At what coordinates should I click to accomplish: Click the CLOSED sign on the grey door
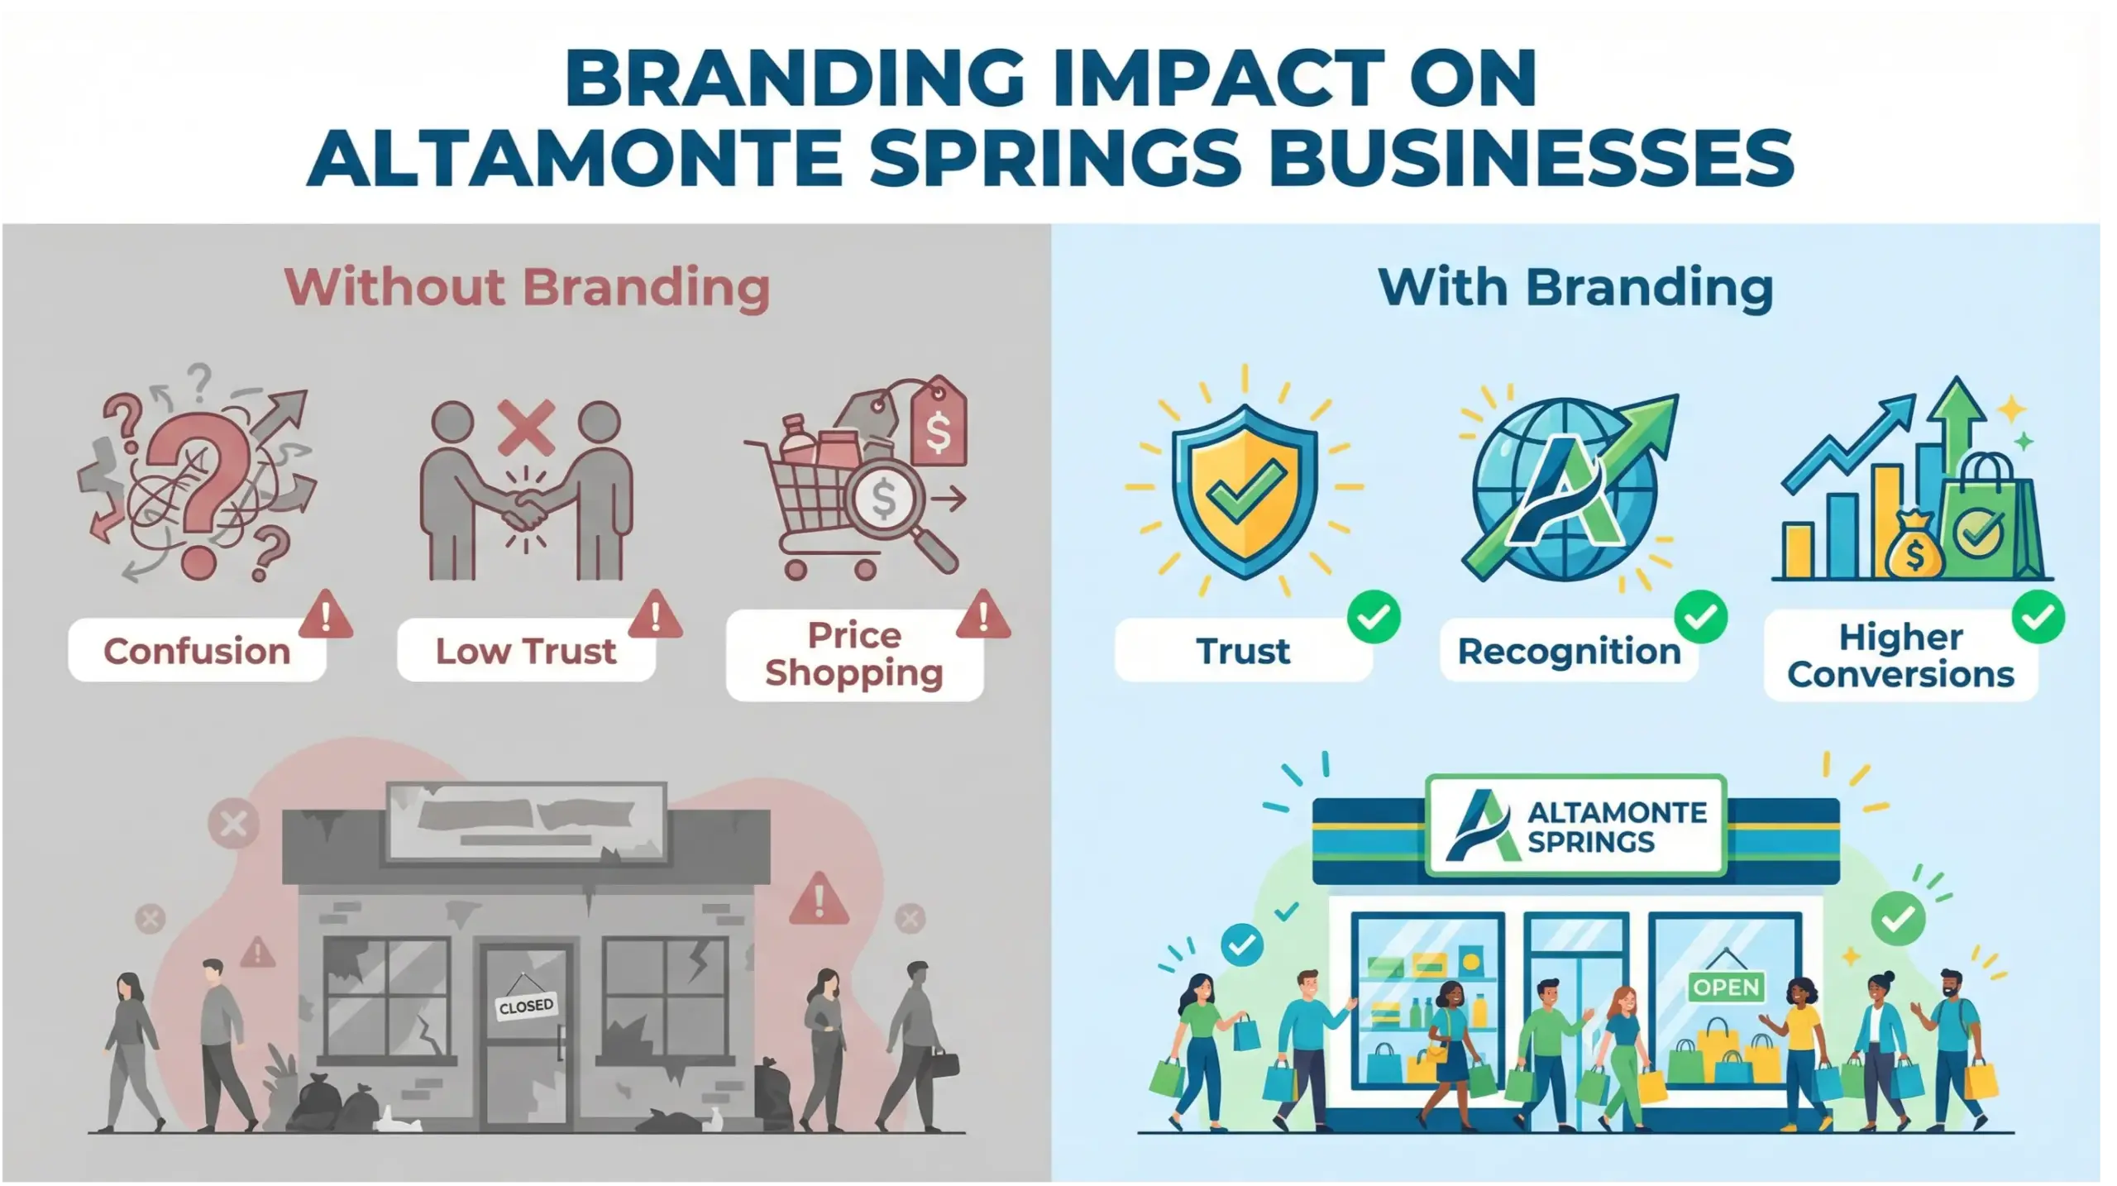point(526,1006)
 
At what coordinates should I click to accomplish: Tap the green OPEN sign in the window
point(1726,986)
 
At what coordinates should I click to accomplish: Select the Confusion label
point(197,651)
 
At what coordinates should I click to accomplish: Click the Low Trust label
point(526,651)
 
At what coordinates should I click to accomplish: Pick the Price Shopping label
point(854,654)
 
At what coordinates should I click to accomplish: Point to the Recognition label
point(1569,651)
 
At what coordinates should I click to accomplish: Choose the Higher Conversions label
point(1900,656)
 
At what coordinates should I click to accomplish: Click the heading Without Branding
point(527,287)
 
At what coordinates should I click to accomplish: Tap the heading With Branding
point(1575,287)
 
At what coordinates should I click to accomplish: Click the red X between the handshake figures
point(526,427)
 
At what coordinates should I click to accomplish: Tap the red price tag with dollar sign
point(939,424)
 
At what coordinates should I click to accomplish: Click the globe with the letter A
point(1565,490)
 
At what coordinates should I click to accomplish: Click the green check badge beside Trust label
point(1374,617)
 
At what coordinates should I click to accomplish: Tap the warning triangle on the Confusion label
point(326,615)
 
